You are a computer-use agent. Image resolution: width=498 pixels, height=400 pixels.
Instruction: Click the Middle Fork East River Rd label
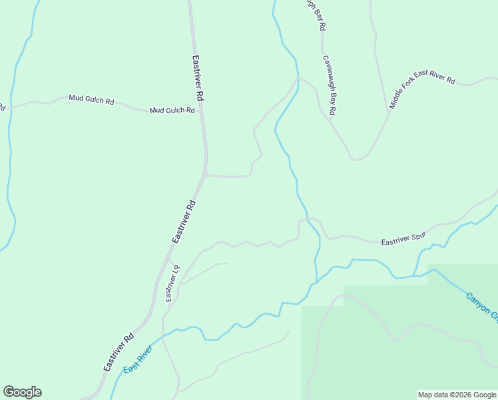tap(422, 93)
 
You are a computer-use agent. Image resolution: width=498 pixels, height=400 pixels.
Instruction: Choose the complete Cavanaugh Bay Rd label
tap(329, 85)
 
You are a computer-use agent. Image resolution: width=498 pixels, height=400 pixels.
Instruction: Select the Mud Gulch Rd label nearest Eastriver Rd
tap(172, 110)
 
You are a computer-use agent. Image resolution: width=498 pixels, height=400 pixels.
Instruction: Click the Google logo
tap(22, 392)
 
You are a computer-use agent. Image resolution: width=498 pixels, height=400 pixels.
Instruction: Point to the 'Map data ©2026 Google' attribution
tap(457, 395)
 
